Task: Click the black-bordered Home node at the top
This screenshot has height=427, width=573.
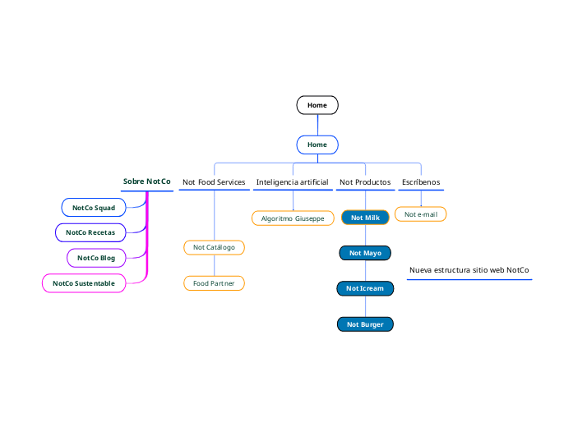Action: click(x=317, y=105)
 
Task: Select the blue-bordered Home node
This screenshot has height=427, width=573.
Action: click(x=317, y=145)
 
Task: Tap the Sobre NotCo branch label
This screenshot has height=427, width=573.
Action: click(x=147, y=181)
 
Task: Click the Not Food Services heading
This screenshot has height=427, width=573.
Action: click(x=214, y=182)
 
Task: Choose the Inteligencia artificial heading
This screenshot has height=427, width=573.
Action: click(x=292, y=182)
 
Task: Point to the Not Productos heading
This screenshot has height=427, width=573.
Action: click(x=365, y=182)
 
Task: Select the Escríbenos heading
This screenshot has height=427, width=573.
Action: click(x=421, y=182)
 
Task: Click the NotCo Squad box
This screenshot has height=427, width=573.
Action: click(x=94, y=208)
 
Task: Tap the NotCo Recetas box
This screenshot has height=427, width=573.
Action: click(x=90, y=233)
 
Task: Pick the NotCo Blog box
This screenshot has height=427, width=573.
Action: click(x=96, y=258)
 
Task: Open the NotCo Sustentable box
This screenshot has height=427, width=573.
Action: click(x=84, y=283)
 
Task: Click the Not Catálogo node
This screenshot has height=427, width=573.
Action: click(x=214, y=247)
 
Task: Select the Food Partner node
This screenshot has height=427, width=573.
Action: click(x=214, y=283)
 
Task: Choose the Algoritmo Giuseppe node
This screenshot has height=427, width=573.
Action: click(x=292, y=218)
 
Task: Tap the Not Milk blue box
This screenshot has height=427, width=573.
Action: click(x=365, y=218)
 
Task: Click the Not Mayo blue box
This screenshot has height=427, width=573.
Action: click(x=365, y=253)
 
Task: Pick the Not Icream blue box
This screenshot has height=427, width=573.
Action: click(x=365, y=288)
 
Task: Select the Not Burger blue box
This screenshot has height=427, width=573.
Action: click(x=365, y=324)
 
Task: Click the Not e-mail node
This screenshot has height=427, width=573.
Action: click(x=421, y=214)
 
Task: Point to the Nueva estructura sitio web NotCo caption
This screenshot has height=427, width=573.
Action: click(x=469, y=270)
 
